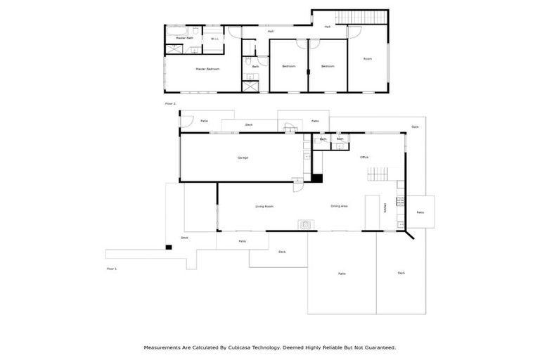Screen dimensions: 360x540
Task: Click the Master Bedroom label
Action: pos(207,69)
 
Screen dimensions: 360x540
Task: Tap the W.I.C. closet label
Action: pos(215,39)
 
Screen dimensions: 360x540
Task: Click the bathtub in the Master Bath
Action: pos(175,32)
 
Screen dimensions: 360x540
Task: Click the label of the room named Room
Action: pos(367,59)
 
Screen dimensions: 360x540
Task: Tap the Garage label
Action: pos(243,157)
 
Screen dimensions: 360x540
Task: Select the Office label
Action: pos(364,157)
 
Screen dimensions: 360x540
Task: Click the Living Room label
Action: pos(264,207)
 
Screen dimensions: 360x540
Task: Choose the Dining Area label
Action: pos(340,206)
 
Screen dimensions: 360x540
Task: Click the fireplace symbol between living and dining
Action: pos(307,225)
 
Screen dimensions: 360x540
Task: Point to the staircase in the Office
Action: pos(380,174)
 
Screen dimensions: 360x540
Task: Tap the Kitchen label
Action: pos(385,208)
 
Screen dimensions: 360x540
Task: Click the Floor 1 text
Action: pos(111,269)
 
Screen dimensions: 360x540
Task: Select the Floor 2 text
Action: pos(169,103)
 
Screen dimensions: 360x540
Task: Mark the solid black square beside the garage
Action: pos(316,178)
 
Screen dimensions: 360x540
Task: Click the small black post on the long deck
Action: pos(169,247)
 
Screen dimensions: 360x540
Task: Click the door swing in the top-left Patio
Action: pos(185,122)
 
